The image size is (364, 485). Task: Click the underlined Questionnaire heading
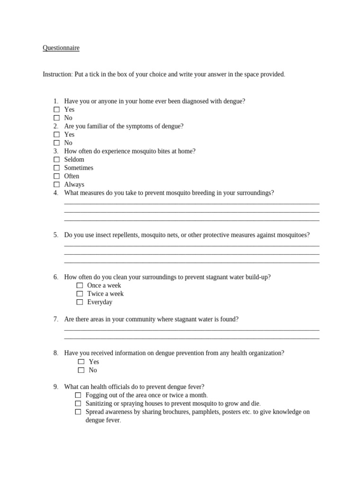pyautogui.click(x=61, y=48)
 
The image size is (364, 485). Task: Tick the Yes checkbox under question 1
pyautogui.click(x=56, y=109)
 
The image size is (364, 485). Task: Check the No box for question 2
pyautogui.click(x=56, y=143)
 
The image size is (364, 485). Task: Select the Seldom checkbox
pyautogui.click(x=56, y=160)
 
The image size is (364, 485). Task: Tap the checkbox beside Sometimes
pyautogui.click(x=56, y=168)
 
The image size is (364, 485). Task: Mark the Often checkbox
pyautogui.click(x=56, y=176)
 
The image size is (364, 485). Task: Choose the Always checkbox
pyautogui.click(x=56, y=184)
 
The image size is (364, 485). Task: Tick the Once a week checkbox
pyautogui.click(x=80, y=286)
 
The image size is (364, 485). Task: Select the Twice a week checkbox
pyautogui.click(x=80, y=294)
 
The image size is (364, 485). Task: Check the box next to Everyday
pyautogui.click(x=80, y=302)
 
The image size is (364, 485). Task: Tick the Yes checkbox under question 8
pyautogui.click(x=81, y=362)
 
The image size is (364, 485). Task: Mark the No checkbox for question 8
pyautogui.click(x=81, y=370)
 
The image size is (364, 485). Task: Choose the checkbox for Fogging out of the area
pyautogui.click(x=78, y=395)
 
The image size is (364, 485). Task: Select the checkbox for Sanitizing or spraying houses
pyautogui.click(x=78, y=404)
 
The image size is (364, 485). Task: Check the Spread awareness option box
pyautogui.click(x=78, y=412)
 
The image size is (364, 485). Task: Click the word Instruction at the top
pyautogui.click(x=57, y=74)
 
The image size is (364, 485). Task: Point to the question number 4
pyautogui.click(x=55, y=193)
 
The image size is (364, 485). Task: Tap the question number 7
pyautogui.click(x=55, y=319)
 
